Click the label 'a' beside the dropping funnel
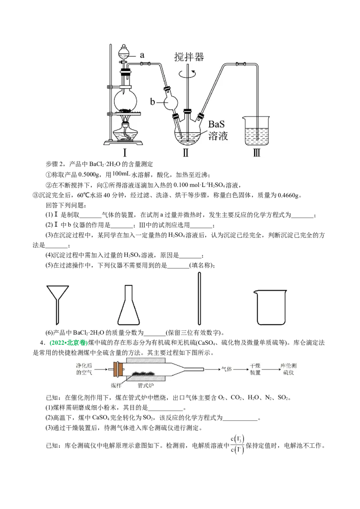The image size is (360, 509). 142,55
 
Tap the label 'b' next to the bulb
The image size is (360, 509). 153,102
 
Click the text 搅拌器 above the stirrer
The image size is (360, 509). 189,57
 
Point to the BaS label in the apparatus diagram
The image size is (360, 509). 216,124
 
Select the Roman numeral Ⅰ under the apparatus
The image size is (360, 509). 125,152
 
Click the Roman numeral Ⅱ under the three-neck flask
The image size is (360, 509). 186,152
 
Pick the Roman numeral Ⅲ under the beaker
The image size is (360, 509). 256,152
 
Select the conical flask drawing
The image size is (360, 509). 128,305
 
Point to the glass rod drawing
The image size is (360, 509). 199,299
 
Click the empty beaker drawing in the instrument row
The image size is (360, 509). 270,307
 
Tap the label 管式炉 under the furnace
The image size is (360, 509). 145,385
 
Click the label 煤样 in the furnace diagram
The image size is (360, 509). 116,385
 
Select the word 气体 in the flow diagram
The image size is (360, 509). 226,369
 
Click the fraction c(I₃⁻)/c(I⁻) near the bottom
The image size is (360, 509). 237,445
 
